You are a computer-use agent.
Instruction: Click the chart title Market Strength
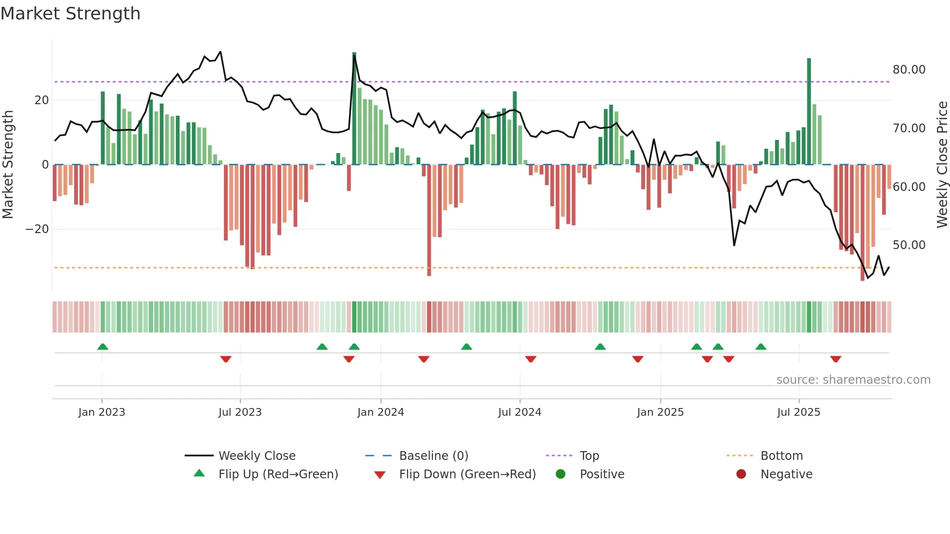70,14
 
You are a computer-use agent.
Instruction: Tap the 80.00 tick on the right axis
909,70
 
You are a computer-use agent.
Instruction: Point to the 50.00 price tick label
909,245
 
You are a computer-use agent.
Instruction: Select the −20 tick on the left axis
37,229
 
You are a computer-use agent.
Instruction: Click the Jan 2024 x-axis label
380,412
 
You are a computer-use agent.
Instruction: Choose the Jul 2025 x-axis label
798,412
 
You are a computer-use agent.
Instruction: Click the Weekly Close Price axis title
942,165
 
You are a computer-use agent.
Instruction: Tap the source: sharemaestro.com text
853,380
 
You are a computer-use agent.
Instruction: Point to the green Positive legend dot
560,474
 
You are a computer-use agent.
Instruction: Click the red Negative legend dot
741,474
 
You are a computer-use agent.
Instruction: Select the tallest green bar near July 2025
809,111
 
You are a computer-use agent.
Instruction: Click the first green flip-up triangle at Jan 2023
102,346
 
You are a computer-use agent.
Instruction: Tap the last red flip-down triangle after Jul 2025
835,359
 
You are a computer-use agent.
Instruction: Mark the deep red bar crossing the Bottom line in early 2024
429,220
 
